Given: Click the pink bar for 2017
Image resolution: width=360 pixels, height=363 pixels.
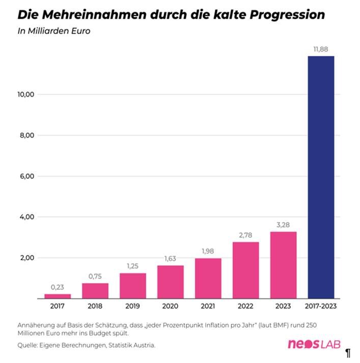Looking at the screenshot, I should pyautogui.click(x=58, y=296).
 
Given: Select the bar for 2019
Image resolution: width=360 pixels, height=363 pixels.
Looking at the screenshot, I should pyautogui.click(x=133, y=286).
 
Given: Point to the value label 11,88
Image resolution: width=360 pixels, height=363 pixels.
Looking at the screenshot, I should pyautogui.click(x=321, y=49).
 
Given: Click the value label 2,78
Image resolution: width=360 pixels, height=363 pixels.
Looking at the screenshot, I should pyautogui.click(x=245, y=235).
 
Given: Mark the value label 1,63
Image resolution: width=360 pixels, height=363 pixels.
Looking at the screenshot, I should pyautogui.click(x=171, y=259).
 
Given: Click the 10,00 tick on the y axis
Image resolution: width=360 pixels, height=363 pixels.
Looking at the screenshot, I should pyautogui.click(x=25, y=95).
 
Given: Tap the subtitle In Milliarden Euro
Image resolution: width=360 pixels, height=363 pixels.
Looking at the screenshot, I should pyautogui.click(x=54, y=32).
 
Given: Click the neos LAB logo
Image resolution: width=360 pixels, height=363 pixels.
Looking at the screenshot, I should pyautogui.click(x=314, y=345).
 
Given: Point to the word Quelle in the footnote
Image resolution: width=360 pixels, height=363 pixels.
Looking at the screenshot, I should pyautogui.click(x=29, y=345).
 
